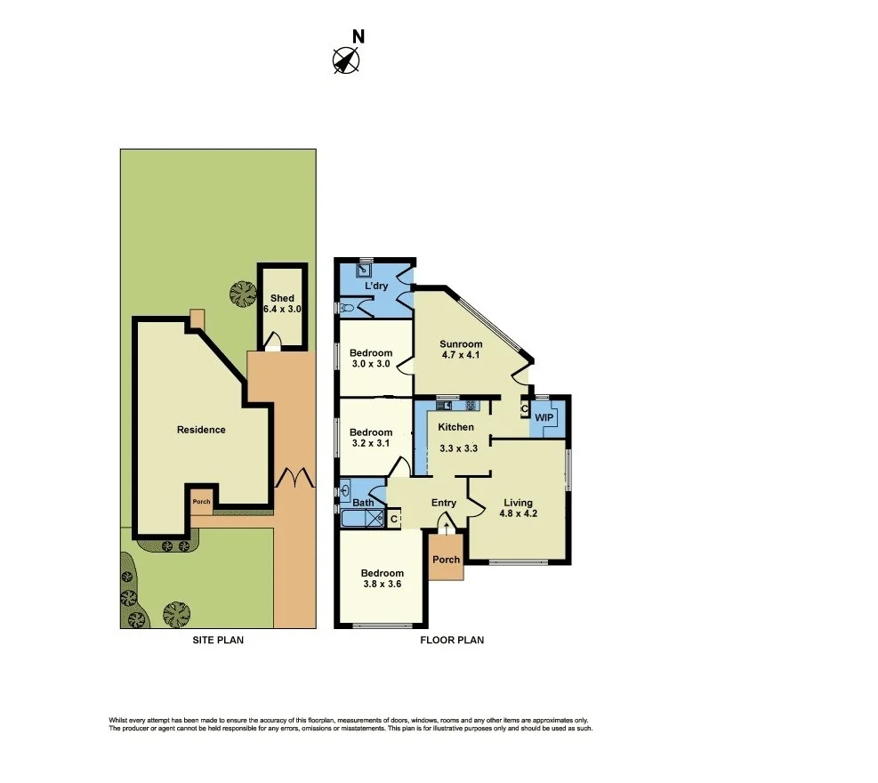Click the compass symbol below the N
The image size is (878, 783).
[346, 61]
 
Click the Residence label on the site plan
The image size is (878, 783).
[201, 430]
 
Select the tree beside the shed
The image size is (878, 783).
[239, 294]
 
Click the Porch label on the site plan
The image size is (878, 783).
[201, 501]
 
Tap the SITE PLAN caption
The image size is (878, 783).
[218, 640]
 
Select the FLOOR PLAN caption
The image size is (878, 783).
[453, 640]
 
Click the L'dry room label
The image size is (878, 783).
[375, 286]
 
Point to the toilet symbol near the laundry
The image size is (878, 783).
[347, 308]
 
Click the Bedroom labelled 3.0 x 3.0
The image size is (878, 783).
[371, 359]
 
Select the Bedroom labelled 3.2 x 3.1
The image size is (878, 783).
[371, 437]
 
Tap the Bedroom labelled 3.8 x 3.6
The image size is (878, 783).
[382, 579]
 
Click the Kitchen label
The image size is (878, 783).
[457, 428]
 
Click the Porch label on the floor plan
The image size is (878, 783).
[446, 560]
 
